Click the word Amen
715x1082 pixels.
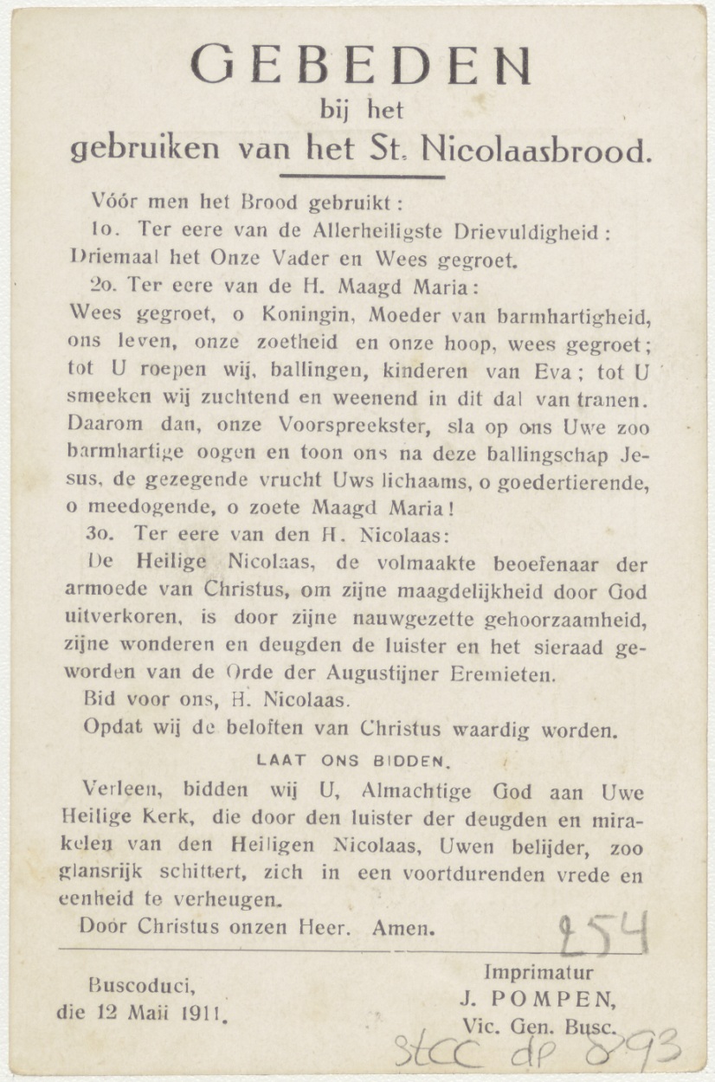point(402,928)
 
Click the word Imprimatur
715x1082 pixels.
point(538,972)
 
